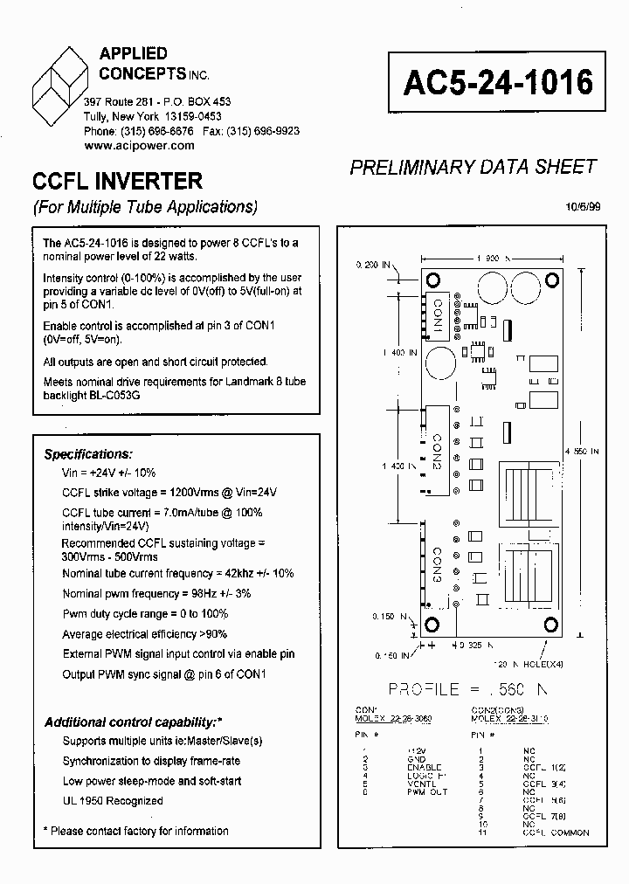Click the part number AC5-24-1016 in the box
(498, 82)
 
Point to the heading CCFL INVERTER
(117, 181)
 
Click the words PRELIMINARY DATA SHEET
(473, 167)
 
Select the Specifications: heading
(88, 454)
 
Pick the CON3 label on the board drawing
(437, 567)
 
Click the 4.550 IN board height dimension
(582, 452)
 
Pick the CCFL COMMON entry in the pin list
(556, 832)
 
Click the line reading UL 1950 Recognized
(113, 801)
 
